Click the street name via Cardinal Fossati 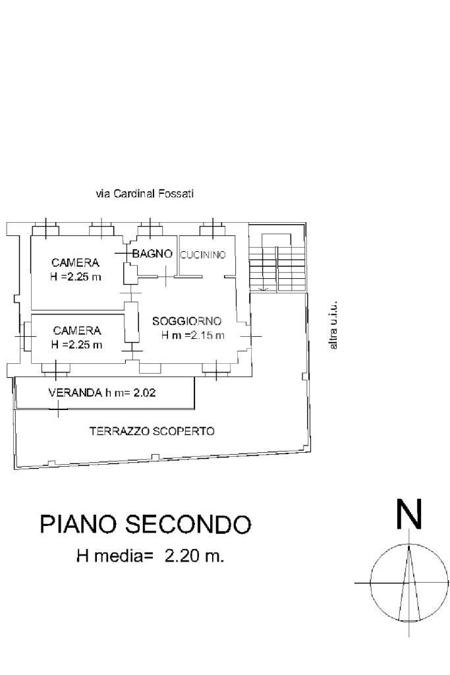click(x=144, y=194)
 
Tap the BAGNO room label click(x=152, y=254)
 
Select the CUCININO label click(x=203, y=255)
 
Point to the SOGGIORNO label click(x=186, y=321)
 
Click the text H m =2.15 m click(x=193, y=336)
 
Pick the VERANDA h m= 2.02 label click(x=102, y=393)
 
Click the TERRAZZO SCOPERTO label click(x=152, y=431)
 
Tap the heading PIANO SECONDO click(x=146, y=524)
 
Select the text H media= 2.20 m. click(x=150, y=556)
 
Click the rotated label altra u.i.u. click(x=333, y=325)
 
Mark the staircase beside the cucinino click(x=277, y=262)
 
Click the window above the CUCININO click(x=213, y=230)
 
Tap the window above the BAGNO click(x=150, y=230)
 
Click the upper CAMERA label click(x=75, y=262)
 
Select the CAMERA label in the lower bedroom click(x=77, y=331)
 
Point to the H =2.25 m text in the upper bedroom click(x=76, y=277)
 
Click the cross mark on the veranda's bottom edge click(x=59, y=409)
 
